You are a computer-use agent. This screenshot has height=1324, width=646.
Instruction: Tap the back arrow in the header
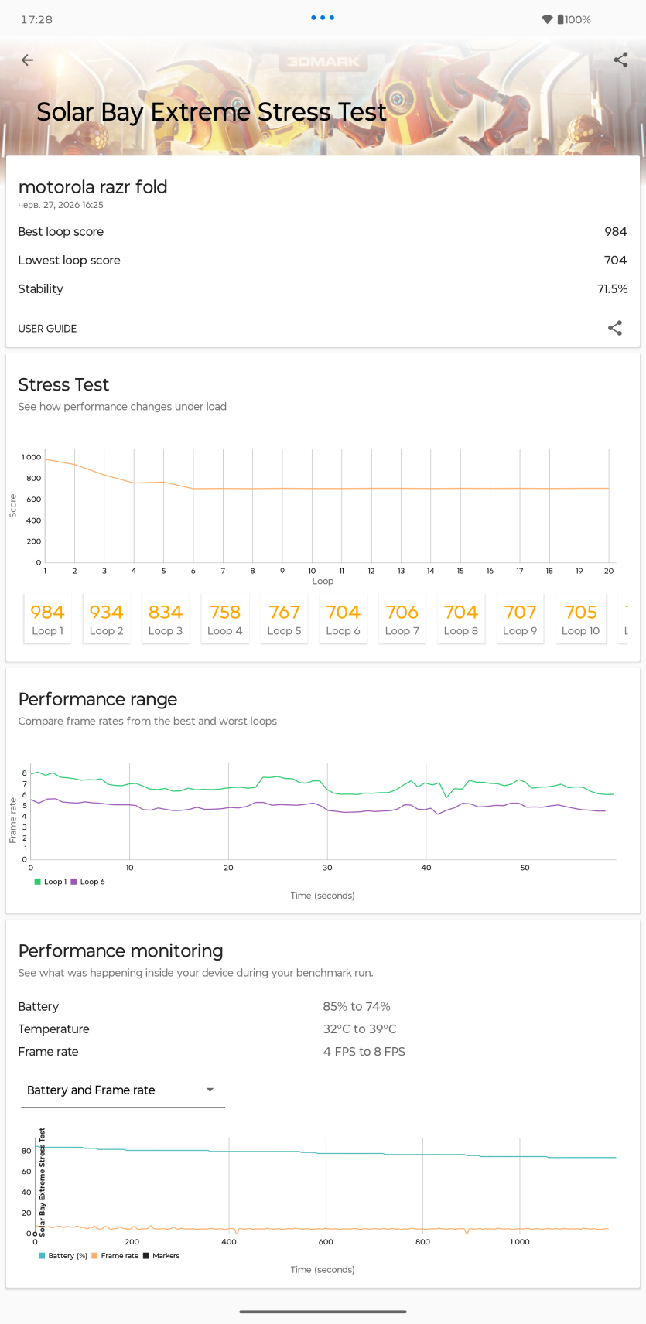coord(27,60)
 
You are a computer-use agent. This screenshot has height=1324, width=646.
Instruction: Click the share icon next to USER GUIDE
coord(615,328)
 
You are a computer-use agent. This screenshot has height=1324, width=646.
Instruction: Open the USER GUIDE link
coord(47,329)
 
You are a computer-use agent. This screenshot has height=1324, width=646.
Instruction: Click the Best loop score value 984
coord(615,232)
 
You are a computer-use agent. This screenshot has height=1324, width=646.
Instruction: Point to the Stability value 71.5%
coord(612,289)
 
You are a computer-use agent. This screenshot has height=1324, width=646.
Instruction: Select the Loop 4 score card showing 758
coord(224,618)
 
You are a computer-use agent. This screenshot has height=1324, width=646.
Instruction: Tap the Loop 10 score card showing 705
coord(580,618)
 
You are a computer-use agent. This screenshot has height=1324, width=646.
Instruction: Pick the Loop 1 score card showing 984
coord(47,618)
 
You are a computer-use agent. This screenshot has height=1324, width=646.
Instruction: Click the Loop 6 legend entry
coord(87,882)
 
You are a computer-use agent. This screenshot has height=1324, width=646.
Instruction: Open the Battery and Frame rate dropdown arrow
coord(210,1090)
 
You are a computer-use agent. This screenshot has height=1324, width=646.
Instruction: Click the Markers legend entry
coord(161,1255)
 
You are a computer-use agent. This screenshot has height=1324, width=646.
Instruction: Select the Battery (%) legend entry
coord(63,1255)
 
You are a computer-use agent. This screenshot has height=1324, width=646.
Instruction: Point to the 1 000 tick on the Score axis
coord(31,457)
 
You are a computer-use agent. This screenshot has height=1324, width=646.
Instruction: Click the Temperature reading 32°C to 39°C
coord(359,1029)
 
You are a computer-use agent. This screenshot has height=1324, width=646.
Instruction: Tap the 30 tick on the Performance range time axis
coord(327,868)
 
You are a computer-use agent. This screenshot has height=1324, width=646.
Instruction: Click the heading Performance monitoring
coord(121,951)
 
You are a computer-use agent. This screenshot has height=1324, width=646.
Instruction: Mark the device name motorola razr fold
coord(93,187)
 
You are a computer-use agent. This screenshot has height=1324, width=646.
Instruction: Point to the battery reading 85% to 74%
coord(357,1007)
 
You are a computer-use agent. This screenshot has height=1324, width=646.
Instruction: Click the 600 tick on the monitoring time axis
coord(326,1242)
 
